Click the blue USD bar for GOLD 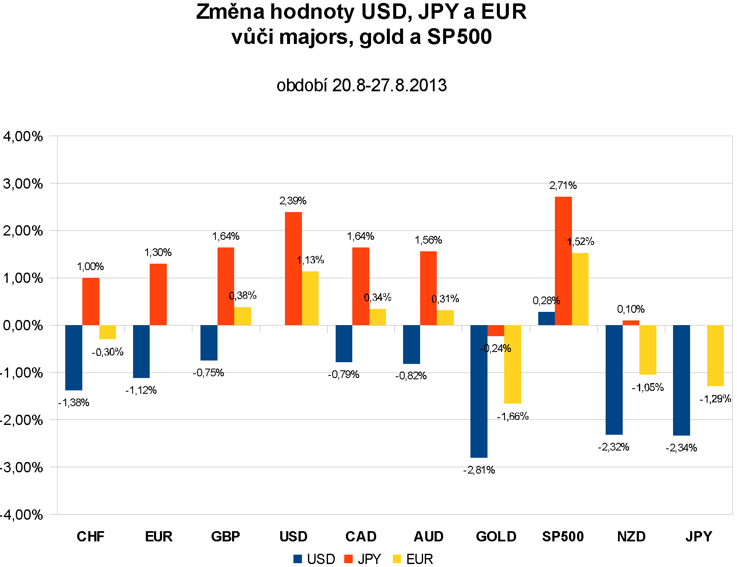tap(479, 391)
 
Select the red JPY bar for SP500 tap(563, 261)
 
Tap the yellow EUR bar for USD tap(310, 298)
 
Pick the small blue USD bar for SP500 tap(546, 318)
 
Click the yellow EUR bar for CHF tap(107, 332)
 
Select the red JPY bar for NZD tap(631, 323)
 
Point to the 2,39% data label tap(293, 201)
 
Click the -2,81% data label tap(479, 470)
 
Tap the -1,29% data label tap(715, 399)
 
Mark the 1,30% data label tap(158, 253)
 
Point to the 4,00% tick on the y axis tap(23, 137)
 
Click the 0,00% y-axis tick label tap(23, 326)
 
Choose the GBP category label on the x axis tap(226, 536)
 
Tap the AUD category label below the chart tap(429, 536)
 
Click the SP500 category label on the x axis tap(563, 536)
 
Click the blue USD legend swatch tap(298, 559)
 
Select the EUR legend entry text tap(420, 559)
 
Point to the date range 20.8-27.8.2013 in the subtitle tap(389, 85)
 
